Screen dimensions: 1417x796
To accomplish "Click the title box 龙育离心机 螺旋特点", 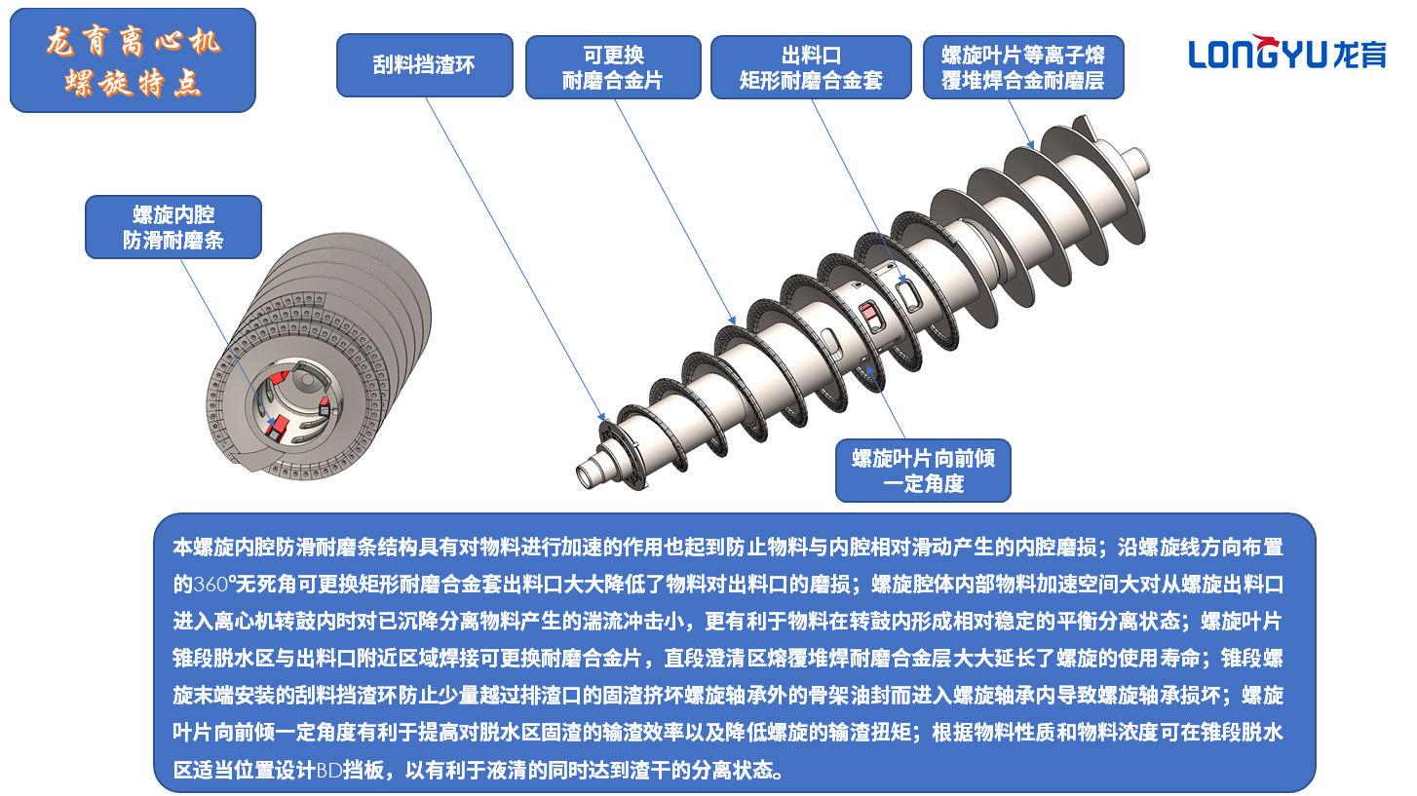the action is [133, 60].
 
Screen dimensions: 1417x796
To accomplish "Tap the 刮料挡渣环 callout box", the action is [425, 65].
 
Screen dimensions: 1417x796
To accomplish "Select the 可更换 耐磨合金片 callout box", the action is [613, 67].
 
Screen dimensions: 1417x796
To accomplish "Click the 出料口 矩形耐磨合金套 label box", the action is [811, 67].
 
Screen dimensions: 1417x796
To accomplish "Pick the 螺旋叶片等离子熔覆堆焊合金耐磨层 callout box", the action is [1023, 67].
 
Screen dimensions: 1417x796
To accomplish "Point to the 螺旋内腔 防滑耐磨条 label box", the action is [173, 227].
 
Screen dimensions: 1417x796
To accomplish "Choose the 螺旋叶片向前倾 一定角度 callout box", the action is [923, 471].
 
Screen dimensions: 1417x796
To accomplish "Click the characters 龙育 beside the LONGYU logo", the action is [1360, 55].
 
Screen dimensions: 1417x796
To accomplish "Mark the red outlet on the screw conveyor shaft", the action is [868, 313].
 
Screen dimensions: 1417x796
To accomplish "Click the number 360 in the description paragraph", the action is [211, 585].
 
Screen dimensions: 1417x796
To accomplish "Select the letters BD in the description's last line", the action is [329, 770].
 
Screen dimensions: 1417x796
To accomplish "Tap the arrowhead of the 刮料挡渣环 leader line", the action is [603, 418].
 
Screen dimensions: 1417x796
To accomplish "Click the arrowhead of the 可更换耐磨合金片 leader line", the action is [733, 322].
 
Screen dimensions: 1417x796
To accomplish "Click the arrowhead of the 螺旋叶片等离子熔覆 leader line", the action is [1031, 145].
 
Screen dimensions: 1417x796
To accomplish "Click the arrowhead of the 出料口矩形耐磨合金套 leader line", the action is [903, 279].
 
